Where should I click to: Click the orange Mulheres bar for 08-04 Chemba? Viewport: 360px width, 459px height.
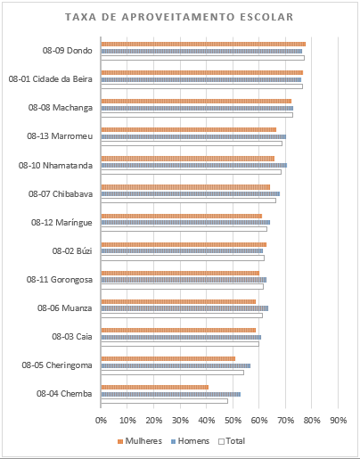(x=155, y=387)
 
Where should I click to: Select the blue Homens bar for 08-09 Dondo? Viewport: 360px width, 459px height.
(x=201, y=51)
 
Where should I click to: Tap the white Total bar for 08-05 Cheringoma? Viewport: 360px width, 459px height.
(x=173, y=373)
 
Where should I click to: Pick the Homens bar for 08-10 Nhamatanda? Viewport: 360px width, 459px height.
(x=194, y=165)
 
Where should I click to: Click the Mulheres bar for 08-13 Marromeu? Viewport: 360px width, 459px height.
(x=189, y=129)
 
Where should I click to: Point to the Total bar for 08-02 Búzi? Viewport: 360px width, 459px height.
(x=183, y=258)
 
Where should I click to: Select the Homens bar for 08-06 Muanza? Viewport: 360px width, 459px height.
(x=184, y=308)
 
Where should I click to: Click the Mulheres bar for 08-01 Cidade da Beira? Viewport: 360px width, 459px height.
(x=202, y=72)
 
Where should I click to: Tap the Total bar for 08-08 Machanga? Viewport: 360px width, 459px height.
(x=197, y=115)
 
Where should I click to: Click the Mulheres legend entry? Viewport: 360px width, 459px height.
(x=140, y=441)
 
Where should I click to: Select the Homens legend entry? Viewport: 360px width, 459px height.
(x=190, y=441)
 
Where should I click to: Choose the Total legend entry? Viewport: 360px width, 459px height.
(x=232, y=441)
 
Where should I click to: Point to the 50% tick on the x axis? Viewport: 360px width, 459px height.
(x=233, y=421)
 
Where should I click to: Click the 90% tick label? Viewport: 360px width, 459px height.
(x=339, y=421)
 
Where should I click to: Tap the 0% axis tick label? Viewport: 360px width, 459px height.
(x=101, y=421)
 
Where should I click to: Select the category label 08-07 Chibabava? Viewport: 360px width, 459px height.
(x=61, y=194)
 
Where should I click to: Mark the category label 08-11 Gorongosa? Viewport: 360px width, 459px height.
(x=60, y=280)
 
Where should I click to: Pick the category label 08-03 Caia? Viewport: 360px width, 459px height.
(x=72, y=337)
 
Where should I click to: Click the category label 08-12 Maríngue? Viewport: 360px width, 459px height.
(x=61, y=223)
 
